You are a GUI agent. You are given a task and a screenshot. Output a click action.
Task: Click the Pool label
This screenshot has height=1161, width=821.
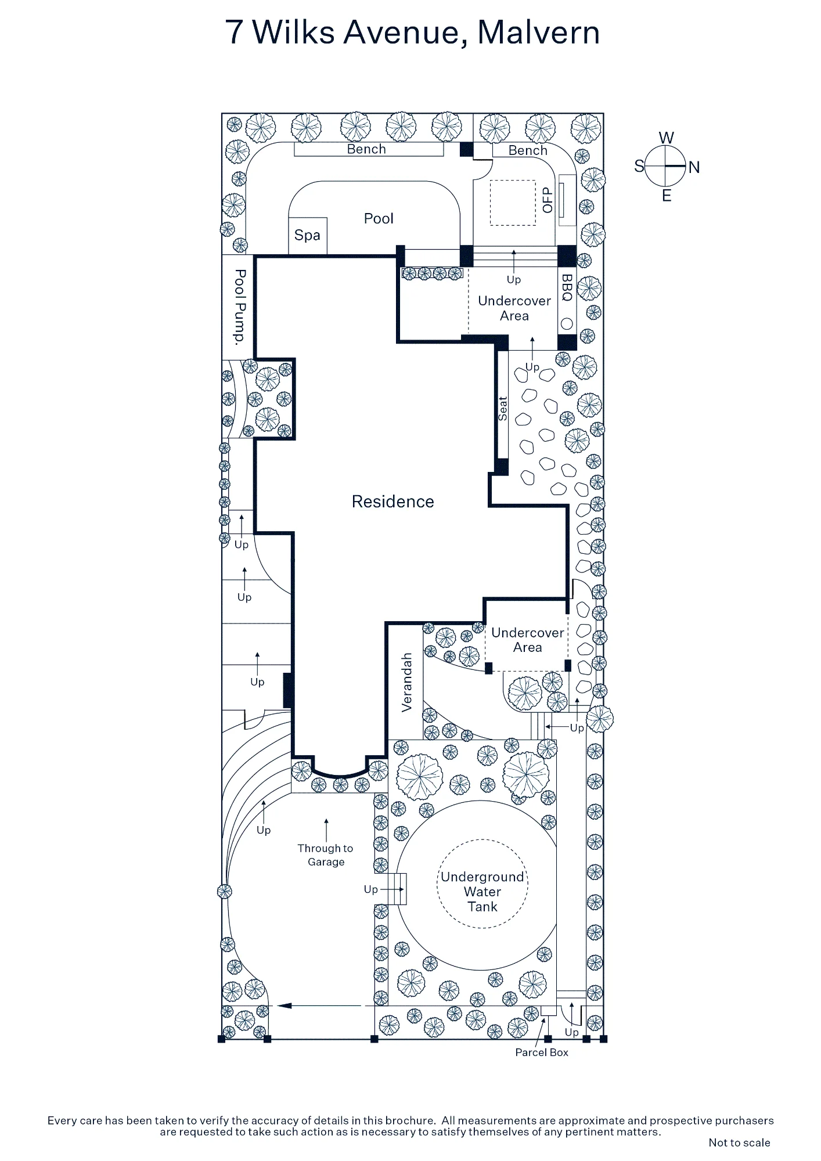(x=379, y=218)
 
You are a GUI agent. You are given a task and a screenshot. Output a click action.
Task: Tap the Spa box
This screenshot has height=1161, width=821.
(x=308, y=236)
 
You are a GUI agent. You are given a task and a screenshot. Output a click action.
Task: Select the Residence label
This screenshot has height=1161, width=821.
(x=393, y=502)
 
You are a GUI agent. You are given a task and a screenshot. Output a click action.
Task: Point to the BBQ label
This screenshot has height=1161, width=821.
(x=567, y=288)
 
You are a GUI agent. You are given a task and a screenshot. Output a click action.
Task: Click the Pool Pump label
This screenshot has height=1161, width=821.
(x=239, y=307)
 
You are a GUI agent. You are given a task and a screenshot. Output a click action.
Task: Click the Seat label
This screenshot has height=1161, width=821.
(x=503, y=409)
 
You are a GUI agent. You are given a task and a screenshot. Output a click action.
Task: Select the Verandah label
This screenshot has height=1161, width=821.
(x=407, y=682)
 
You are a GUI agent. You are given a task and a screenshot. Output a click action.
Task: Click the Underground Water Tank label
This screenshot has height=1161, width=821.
(x=482, y=892)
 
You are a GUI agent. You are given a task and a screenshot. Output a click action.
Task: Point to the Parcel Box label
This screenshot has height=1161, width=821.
(x=542, y=1052)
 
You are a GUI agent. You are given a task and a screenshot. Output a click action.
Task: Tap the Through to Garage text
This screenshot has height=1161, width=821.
(x=326, y=855)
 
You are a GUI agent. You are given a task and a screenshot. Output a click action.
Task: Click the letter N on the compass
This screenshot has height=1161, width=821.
(x=694, y=167)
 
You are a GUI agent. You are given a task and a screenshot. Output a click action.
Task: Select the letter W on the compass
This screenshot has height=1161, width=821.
(x=667, y=138)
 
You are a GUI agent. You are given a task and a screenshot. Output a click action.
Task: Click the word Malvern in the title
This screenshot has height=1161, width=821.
(x=539, y=33)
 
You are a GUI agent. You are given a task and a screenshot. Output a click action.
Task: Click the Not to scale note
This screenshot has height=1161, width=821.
(x=739, y=1142)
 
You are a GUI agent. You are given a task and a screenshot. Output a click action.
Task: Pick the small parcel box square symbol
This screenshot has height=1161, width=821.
(x=549, y=1011)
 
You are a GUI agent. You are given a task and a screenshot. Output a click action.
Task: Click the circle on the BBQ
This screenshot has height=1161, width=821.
(x=567, y=324)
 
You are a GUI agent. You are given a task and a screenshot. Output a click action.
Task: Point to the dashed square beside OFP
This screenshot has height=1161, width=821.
(x=513, y=203)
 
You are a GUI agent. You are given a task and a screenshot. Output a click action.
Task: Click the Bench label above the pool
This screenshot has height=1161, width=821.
(x=366, y=149)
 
